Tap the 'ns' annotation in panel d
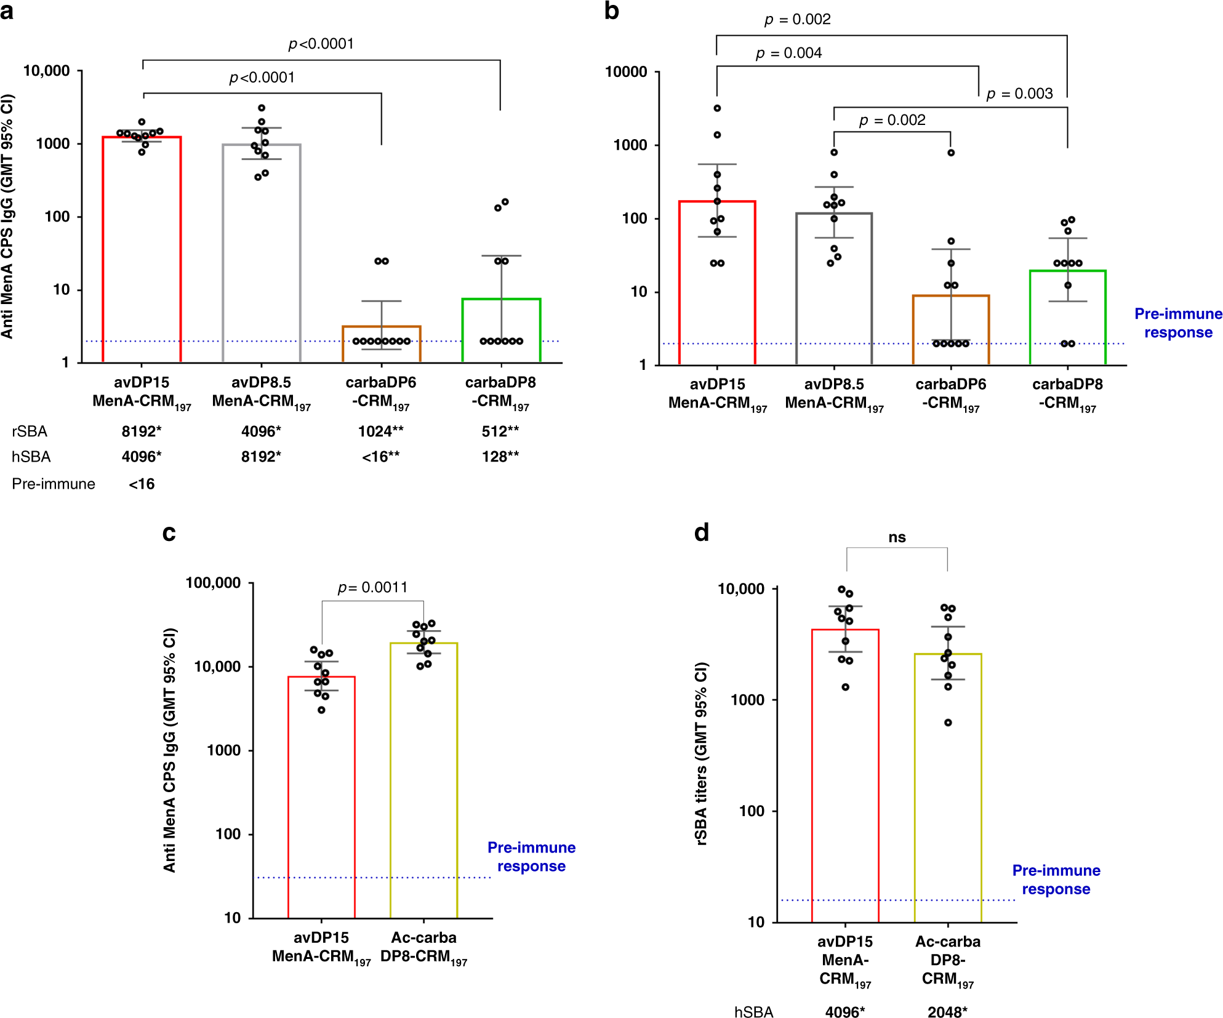[x=897, y=537]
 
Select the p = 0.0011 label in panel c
[x=372, y=587]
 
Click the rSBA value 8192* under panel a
[x=141, y=431]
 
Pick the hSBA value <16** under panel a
[x=380, y=457]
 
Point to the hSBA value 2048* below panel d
[x=947, y=1012]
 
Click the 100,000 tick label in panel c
[x=213, y=583]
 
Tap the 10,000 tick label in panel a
[x=46, y=71]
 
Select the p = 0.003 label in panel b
[x=1019, y=94]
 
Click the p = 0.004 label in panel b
[x=788, y=54]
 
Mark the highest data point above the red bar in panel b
[x=717, y=108]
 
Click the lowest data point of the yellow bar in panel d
[x=948, y=723]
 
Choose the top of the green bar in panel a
[x=501, y=299]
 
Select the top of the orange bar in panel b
[x=950, y=296]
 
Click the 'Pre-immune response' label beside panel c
[x=531, y=857]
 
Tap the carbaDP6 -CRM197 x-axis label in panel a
[x=380, y=392]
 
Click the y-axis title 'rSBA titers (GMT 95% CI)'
[x=701, y=753]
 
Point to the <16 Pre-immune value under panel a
[x=142, y=484]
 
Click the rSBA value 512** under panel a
[x=500, y=431]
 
